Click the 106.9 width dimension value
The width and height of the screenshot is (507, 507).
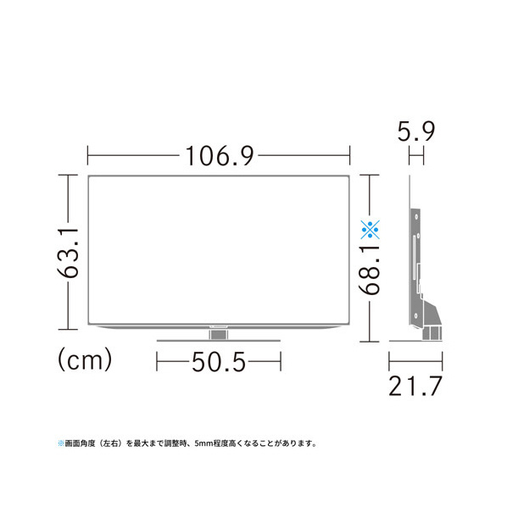220,156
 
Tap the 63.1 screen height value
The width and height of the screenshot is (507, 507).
68,253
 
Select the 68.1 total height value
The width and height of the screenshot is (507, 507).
370,270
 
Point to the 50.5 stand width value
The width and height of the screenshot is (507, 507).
219,362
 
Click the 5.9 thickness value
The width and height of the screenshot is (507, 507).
416,131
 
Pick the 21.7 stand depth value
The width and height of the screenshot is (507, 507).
415,386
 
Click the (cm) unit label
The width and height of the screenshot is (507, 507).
85,359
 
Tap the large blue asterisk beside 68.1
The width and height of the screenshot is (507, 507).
370,229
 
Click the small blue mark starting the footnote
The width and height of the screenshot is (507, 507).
61,443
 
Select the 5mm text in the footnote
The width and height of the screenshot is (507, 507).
203,443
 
